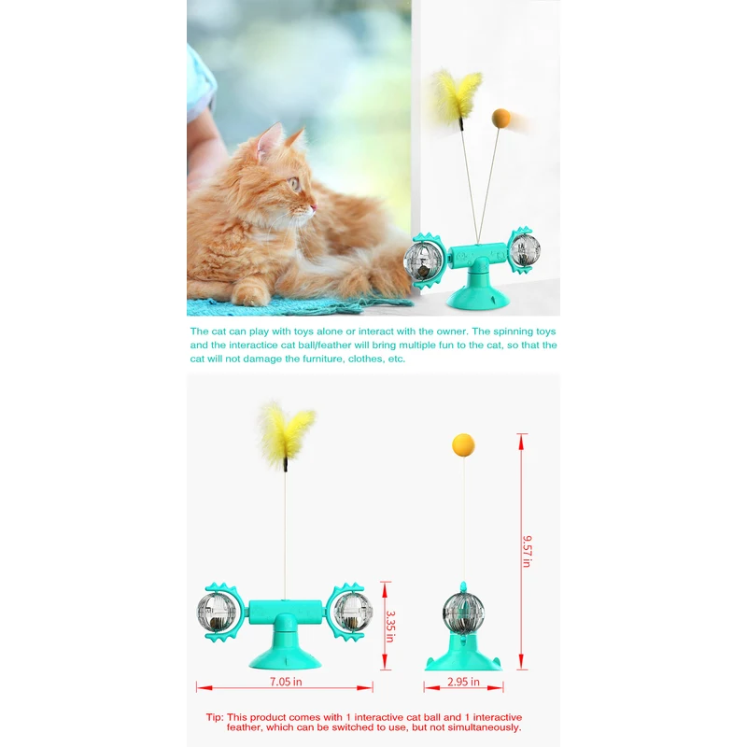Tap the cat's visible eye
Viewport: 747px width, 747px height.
pyautogui.click(x=296, y=184)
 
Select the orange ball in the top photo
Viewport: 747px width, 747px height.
pyautogui.click(x=501, y=118)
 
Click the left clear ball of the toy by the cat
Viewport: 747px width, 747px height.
pyautogui.click(x=423, y=256)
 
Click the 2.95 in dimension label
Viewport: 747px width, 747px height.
pyautogui.click(x=464, y=683)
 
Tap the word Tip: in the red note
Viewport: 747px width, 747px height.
pyautogui.click(x=216, y=717)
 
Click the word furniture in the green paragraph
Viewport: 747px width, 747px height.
pyautogui.click(x=301, y=359)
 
